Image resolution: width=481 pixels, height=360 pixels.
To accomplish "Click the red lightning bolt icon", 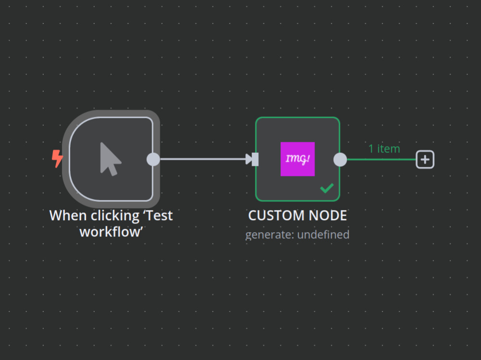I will click(58, 158).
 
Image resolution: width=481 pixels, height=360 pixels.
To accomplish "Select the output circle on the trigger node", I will click(153, 159).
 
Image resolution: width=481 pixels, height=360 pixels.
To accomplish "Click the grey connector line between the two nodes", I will click(202, 159).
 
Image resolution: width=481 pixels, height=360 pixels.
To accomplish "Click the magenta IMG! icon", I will click(297, 159).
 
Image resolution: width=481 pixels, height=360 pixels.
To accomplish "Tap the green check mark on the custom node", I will click(327, 188).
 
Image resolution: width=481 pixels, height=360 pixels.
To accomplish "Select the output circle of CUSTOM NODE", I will click(340, 159).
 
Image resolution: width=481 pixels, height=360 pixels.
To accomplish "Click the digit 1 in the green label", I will click(371, 149).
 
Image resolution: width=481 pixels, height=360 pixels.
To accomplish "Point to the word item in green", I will click(389, 149).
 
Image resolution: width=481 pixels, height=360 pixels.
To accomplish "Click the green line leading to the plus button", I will click(380, 159).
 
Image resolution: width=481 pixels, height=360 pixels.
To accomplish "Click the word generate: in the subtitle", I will click(269, 235).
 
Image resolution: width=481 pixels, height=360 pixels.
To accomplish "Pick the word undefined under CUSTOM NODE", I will click(323, 235).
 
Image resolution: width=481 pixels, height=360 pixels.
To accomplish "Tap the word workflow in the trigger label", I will click(111, 231).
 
